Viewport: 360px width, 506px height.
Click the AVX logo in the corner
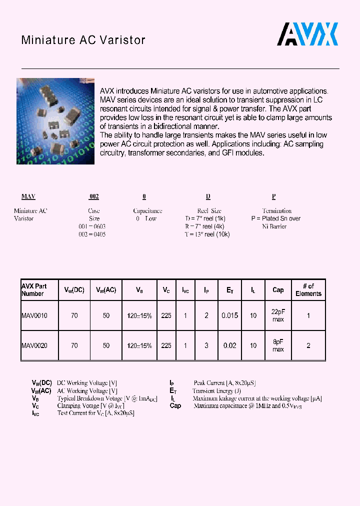(x=308, y=34)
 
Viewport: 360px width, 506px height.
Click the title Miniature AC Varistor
(x=83, y=40)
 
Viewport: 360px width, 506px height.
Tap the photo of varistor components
(x=55, y=121)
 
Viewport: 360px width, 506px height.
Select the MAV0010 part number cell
(x=34, y=315)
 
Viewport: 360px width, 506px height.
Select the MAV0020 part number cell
(x=34, y=345)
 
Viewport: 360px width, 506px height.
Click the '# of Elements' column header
(x=308, y=290)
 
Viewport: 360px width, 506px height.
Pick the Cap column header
(x=278, y=290)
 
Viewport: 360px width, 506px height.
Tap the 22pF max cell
(x=278, y=315)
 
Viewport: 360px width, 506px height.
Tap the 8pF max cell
(x=278, y=345)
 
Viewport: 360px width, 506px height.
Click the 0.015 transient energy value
(x=230, y=315)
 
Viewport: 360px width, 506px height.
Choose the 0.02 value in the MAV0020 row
(x=230, y=345)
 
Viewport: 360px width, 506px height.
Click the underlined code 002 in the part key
(x=94, y=197)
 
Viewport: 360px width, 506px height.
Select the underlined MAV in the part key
(x=28, y=197)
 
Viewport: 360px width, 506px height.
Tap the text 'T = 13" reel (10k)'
(x=207, y=234)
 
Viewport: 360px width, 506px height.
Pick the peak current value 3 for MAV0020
(x=206, y=345)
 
